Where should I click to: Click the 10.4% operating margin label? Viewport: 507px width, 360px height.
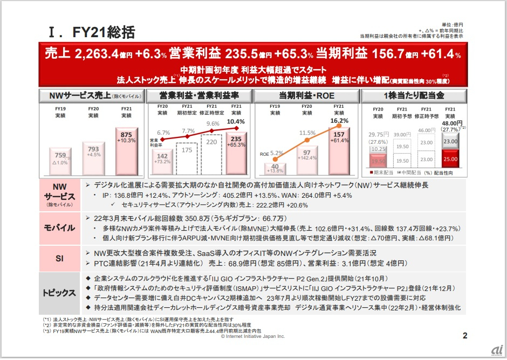pyautogui.click(x=236, y=122)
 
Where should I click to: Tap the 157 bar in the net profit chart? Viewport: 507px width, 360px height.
pyautogui.click(x=339, y=151)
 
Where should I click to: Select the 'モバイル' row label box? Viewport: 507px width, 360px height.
pyautogui.click(x=59, y=228)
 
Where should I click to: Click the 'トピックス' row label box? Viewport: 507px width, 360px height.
pyautogui.click(x=59, y=293)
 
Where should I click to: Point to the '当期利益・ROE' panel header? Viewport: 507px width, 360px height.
pyautogui.click(x=307, y=95)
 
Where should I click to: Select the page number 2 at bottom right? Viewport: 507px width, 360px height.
pyautogui.click(x=464, y=336)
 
